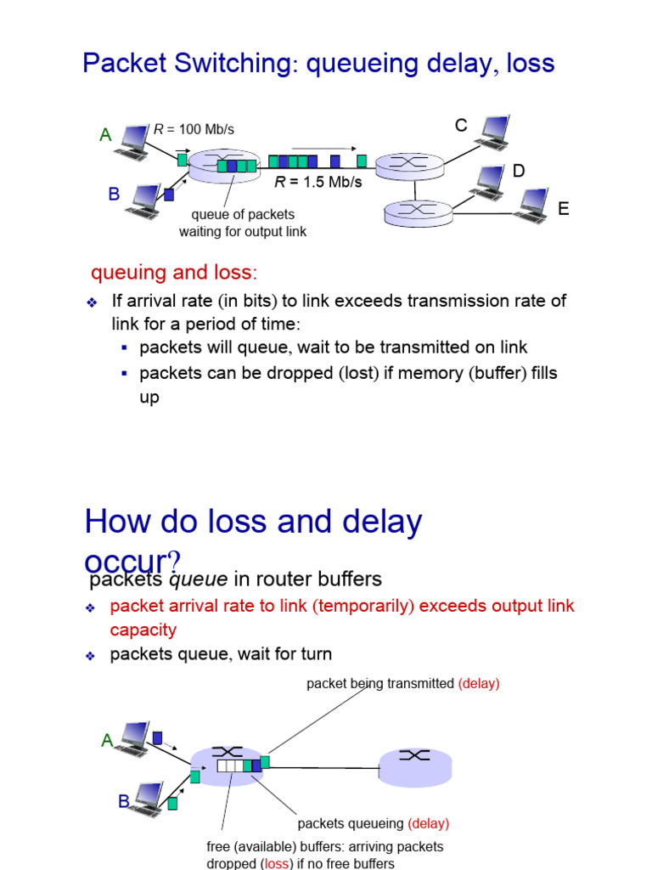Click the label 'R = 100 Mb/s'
click(194, 129)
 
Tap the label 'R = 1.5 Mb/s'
click(318, 182)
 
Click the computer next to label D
click(489, 182)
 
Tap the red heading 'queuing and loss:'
click(173, 273)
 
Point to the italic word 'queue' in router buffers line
click(198, 579)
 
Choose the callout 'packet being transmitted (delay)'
click(402, 683)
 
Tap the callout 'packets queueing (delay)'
click(373, 823)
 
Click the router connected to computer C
click(410, 164)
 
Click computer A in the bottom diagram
click(135, 737)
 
